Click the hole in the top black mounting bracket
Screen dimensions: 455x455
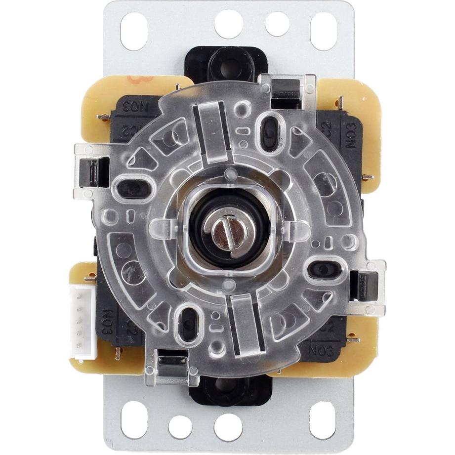pyautogui.click(x=227, y=63)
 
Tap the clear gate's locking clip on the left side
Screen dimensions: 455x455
pyautogui.click(x=92, y=170)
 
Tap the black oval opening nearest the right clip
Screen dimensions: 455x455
pyautogui.click(x=324, y=269)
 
